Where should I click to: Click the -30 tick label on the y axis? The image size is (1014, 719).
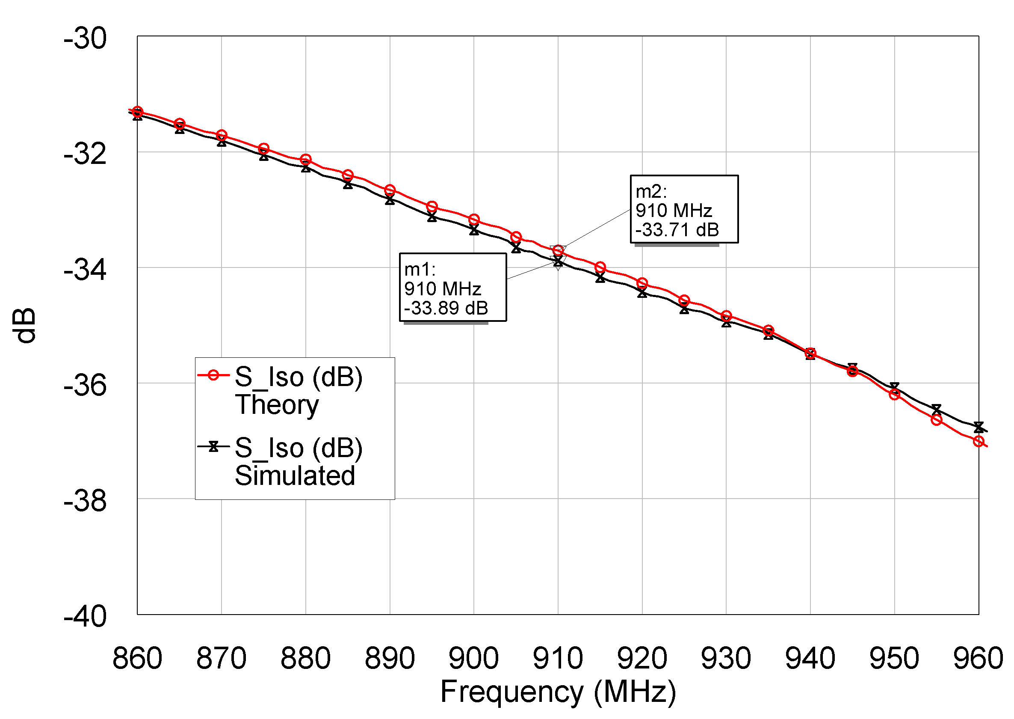click(85, 39)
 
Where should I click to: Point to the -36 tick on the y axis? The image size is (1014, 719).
click(85, 386)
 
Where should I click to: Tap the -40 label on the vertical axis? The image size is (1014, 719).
click(85, 617)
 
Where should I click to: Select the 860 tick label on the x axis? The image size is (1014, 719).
click(137, 658)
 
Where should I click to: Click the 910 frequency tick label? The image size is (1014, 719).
click(558, 658)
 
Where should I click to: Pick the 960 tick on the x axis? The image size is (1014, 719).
click(978, 658)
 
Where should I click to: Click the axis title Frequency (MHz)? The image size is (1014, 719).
click(558, 692)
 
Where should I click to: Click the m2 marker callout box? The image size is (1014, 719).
click(684, 209)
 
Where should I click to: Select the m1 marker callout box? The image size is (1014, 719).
click(452, 287)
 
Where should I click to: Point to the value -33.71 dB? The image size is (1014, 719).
click(677, 230)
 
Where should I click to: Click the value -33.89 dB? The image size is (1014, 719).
click(446, 308)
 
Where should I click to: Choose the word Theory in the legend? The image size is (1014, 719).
click(277, 405)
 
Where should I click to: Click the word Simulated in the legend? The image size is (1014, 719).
click(295, 476)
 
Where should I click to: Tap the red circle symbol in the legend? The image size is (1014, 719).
click(213, 375)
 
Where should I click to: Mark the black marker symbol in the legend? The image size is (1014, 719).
click(213, 447)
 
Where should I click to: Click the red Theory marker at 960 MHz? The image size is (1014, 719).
click(978, 441)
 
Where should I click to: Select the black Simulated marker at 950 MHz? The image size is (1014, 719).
click(894, 387)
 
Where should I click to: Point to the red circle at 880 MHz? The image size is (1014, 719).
click(305, 159)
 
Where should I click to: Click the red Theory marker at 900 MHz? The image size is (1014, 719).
click(474, 220)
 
